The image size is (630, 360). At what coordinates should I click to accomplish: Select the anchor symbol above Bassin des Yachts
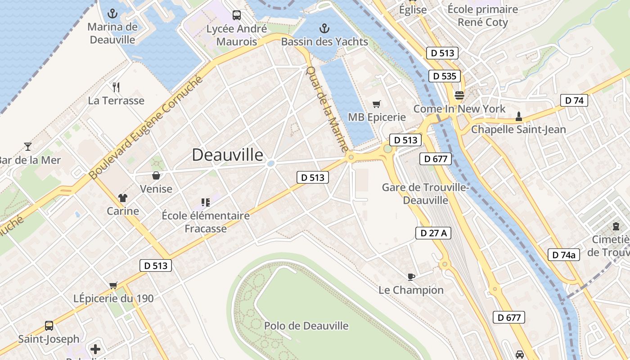[324, 29]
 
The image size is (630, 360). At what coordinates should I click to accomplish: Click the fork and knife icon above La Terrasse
[116, 87]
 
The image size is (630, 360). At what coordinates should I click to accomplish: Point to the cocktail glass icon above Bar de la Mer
[28, 146]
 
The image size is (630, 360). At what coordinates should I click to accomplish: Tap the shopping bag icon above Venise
[156, 175]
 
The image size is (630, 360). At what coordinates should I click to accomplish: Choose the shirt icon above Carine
[122, 198]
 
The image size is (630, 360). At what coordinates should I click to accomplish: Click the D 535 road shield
[445, 76]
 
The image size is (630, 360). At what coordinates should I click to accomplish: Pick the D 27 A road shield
[433, 233]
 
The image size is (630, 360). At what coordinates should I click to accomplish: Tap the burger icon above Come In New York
[459, 95]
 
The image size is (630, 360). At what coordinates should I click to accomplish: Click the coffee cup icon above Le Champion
[411, 277]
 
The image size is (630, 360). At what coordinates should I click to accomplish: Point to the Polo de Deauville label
[306, 325]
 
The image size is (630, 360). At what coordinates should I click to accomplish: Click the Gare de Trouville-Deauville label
[425, 193]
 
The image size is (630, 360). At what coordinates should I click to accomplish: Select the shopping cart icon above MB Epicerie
[377, 104]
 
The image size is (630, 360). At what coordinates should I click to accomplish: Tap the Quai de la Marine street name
[327, 109]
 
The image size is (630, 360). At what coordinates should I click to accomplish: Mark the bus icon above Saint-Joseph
[49, 325]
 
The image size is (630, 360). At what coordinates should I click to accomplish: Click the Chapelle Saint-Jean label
[518, 130]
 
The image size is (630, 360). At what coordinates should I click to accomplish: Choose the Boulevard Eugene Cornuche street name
[146, 128]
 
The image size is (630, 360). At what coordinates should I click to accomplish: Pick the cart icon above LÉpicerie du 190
[113, 285]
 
